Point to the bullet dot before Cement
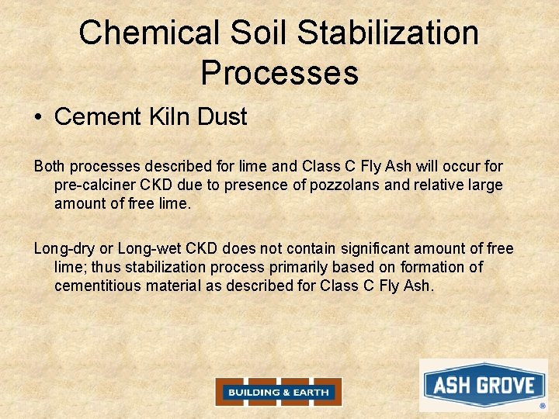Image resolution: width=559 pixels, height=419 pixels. tap(38, 118)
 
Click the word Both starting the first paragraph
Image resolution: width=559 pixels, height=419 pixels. tap(50, 166)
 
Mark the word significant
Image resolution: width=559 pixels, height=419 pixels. tap(372, 248)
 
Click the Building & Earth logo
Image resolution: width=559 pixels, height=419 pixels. tap(279, 392)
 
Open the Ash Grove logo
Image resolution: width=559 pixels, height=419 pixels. tap(483, 385)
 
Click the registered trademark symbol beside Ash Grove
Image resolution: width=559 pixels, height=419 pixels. tap(543, 405)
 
